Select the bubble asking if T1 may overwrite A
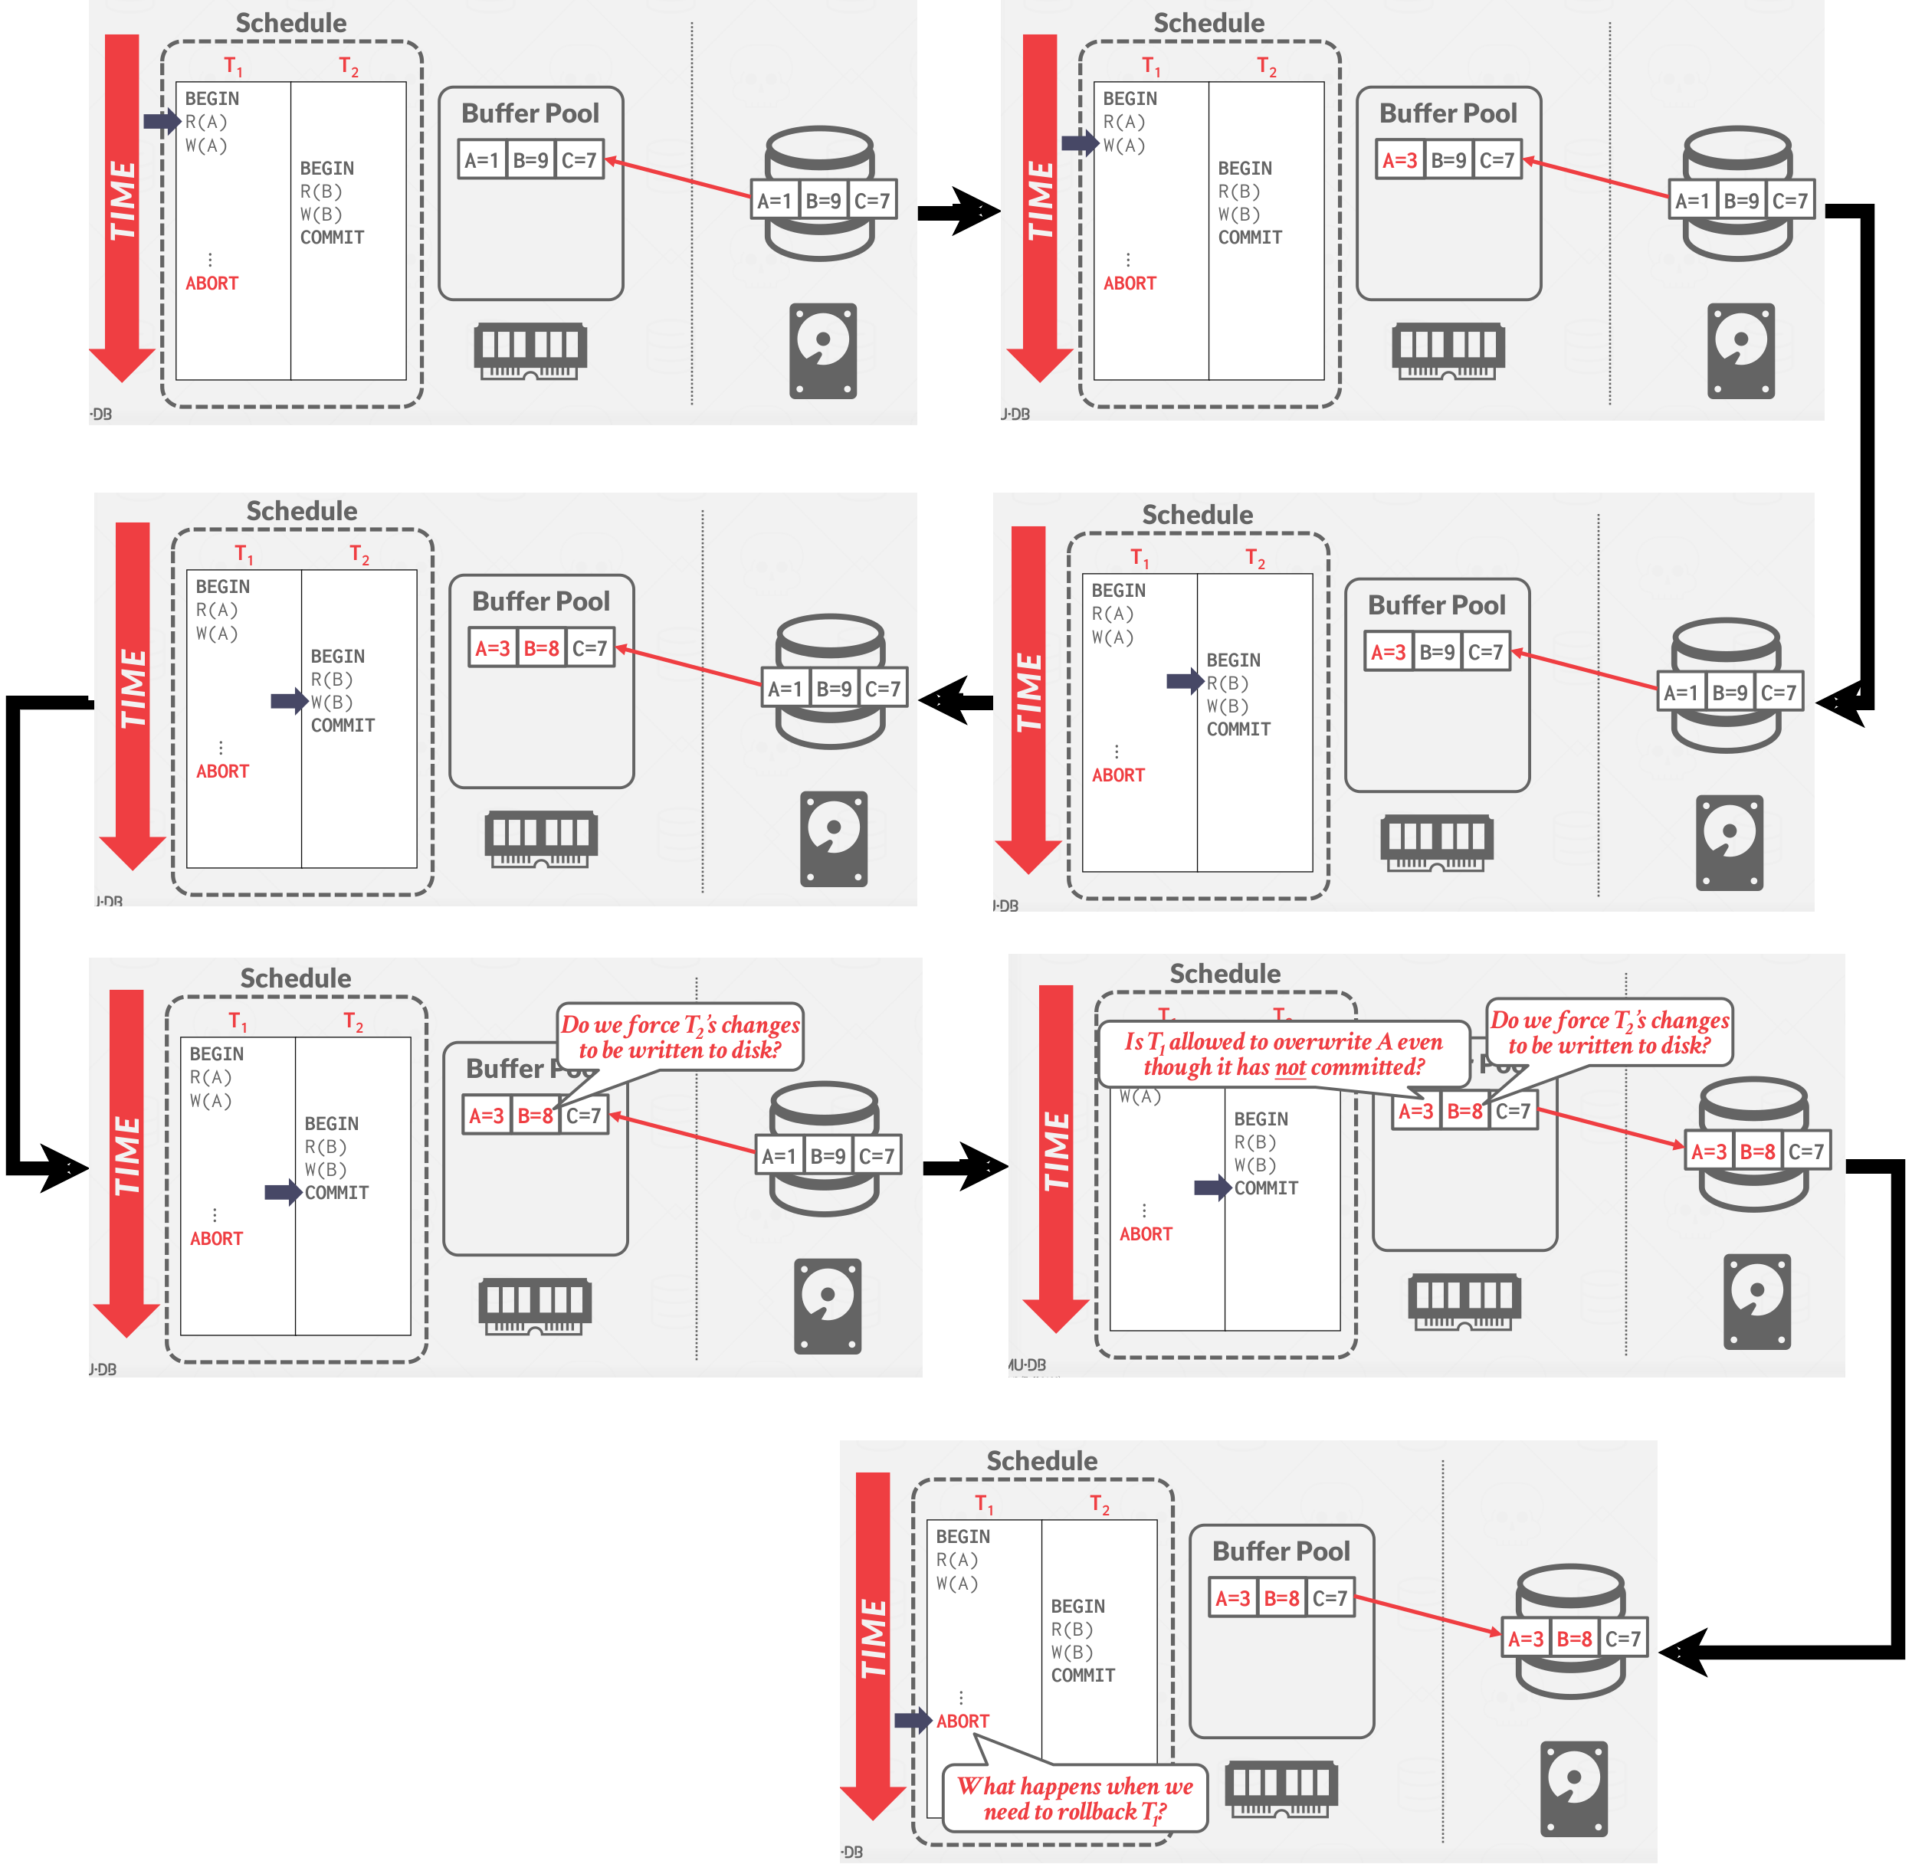(x=1284, y=1054)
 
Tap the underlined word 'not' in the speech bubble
(x=1291, y=1067)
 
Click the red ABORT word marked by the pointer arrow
(x=963, y=1721)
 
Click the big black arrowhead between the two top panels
(x=974, y=211)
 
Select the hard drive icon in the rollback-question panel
(x=1573, y=1789)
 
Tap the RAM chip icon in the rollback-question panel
(x=1281, y=1790)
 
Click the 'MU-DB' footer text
(x=1027, y=1364)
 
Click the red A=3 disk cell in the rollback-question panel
(x=1525, y=1639)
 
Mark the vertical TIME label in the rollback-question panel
(x=872, y=1637)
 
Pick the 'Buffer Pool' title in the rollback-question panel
(x=1281, y=1551)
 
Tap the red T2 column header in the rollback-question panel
(x=1100, y=1505)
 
